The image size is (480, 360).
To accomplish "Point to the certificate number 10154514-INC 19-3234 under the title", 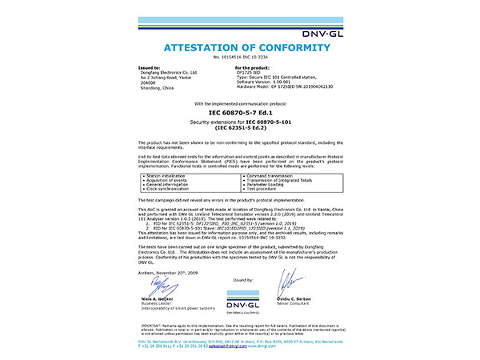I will (239, 58).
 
